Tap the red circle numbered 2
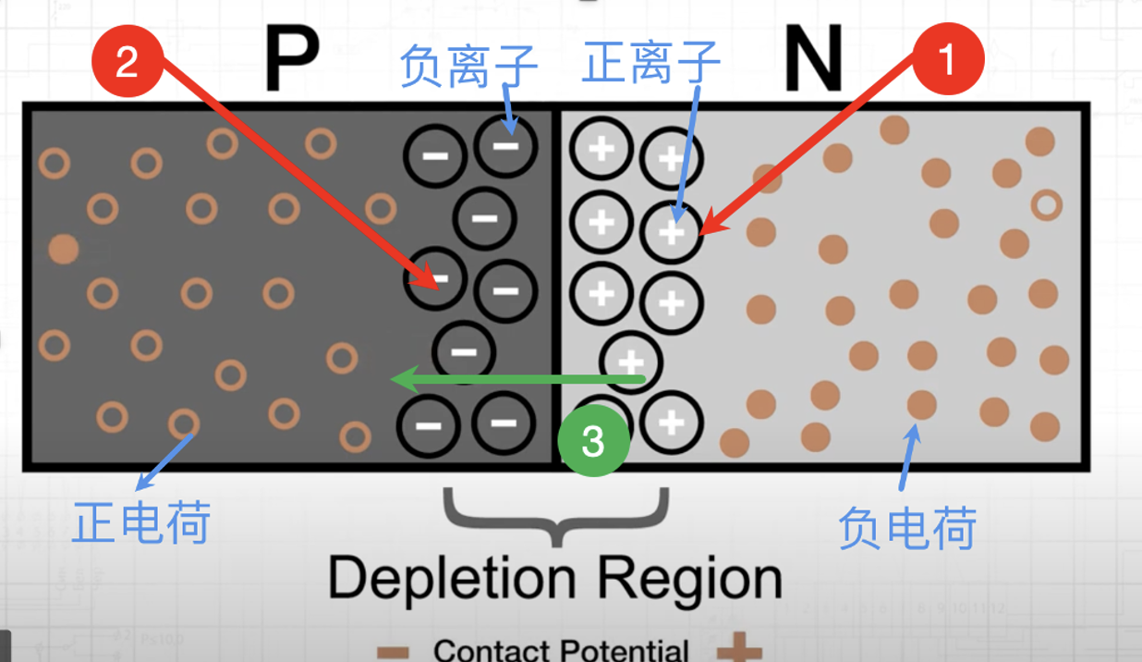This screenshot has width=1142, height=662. pos(128,62)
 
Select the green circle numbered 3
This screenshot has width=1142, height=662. pos(593,441)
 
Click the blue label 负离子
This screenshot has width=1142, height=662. pos(468,66)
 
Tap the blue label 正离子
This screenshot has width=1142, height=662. pos(651,64)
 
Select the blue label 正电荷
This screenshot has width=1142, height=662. pos(141,522)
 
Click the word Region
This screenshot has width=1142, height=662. pos(689,580)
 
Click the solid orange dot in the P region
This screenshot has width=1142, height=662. pos(63,249)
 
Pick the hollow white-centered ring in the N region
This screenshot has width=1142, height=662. pos(1046,204)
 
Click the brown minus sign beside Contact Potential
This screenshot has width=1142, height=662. pos(393,652)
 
